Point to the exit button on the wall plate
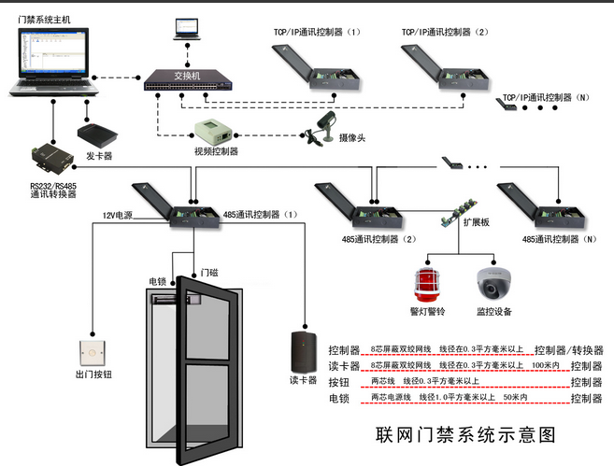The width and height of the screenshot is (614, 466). point(93,352)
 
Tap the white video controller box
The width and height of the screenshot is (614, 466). point(218,132)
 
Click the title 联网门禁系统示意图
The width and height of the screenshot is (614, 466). point(464,435)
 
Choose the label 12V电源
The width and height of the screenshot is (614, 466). point(120,216)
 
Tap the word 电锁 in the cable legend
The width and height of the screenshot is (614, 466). point(339,399)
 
